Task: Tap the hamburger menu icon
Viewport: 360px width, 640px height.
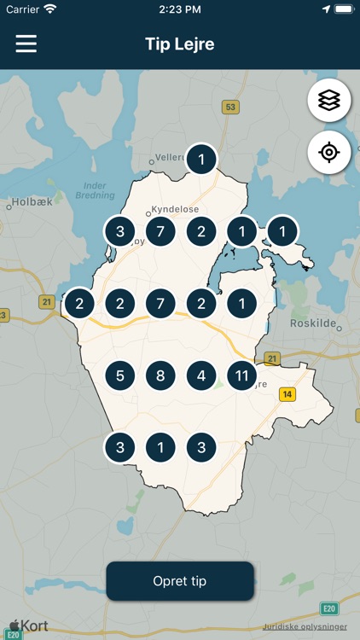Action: tap(26, 44)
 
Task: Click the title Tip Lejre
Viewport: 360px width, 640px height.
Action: tap(179, 44)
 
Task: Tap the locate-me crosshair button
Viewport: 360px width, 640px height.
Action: tap(328, 153)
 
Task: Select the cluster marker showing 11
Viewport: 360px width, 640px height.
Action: tap(241, 375)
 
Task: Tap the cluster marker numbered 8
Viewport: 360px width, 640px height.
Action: tap(160, 375)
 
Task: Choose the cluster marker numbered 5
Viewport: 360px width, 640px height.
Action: tap(120, 375)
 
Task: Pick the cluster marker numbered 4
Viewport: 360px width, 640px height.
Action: tap(201, 375)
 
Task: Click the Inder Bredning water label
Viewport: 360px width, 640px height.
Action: tap(96, 189)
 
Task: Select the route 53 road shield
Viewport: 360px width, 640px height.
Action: tap(229, 108)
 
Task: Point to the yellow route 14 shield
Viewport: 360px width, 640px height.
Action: tap(287, 394)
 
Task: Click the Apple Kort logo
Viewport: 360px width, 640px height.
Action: tap(28, 626)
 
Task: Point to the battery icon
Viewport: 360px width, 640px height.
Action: tap(343, 9)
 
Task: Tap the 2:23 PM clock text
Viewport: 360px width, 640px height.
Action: tap(179, 9)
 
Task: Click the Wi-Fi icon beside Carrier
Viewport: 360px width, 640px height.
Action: tap(50, 9)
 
